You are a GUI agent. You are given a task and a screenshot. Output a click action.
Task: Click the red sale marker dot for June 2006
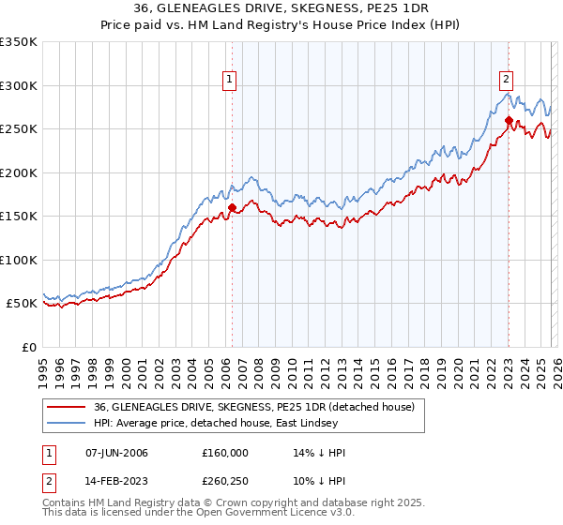[232, 208]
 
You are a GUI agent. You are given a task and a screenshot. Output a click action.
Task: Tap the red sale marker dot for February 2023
[509, 120]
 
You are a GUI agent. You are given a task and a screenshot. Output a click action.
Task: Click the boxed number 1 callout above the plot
[230, 79]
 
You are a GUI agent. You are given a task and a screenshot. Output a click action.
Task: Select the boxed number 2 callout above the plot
[506, 79]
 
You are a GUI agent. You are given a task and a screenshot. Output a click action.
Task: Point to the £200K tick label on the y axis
[19, 172]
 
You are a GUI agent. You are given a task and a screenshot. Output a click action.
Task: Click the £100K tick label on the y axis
[19, 260]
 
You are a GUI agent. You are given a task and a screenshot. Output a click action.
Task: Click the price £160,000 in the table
[225, 453]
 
